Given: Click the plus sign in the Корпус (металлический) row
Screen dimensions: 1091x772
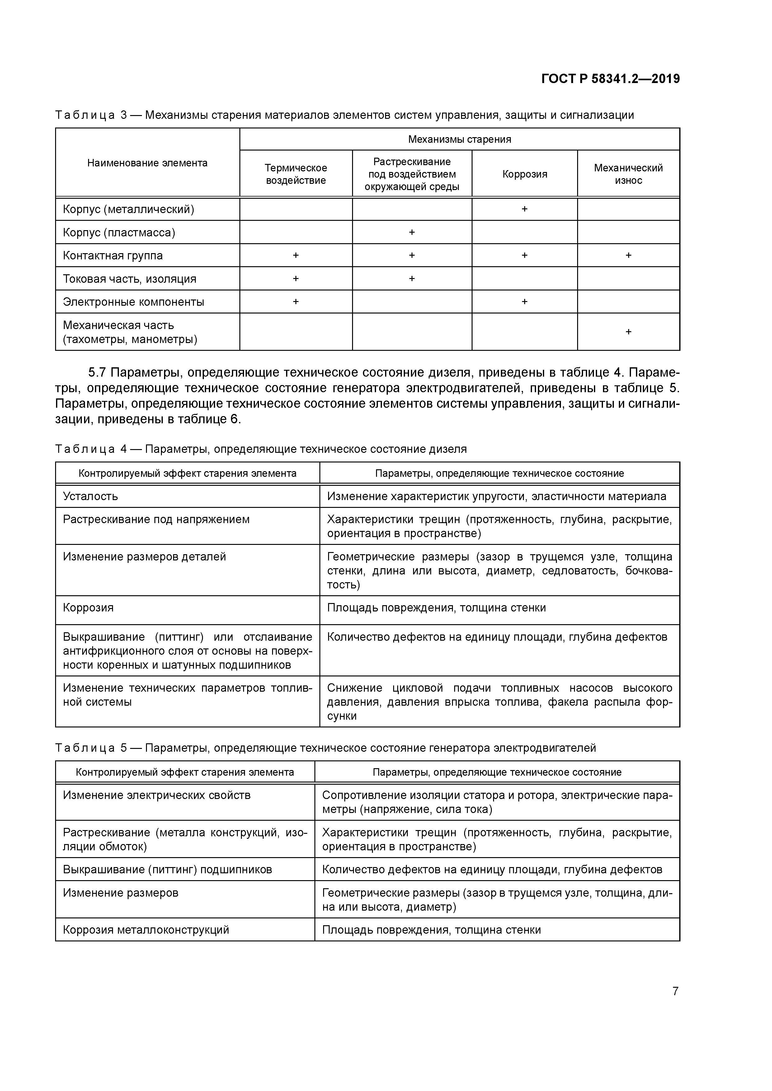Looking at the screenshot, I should click(x=524, y=209).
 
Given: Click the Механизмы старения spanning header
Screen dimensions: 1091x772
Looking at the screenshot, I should click(x=459, y=140).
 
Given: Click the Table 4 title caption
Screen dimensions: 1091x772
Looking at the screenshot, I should click(x=261, y=449).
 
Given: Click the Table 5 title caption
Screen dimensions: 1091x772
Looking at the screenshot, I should click(x=325, y=748).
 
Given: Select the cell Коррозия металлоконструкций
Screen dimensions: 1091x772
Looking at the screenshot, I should click(x=146, y=930).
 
